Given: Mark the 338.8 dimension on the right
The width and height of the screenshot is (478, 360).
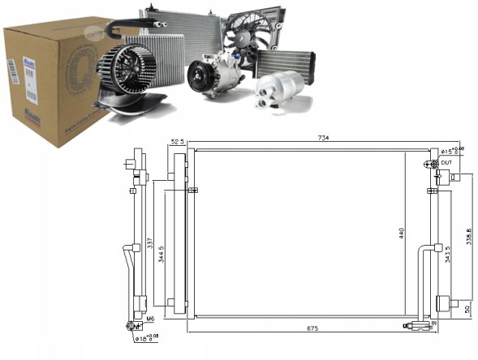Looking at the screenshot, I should pos(468,237).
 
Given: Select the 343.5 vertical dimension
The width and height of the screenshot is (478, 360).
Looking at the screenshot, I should pos(448,256).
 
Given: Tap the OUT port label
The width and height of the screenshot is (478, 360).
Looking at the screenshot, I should pos(446,163).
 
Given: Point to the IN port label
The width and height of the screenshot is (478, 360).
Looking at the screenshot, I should pos(433,322).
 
